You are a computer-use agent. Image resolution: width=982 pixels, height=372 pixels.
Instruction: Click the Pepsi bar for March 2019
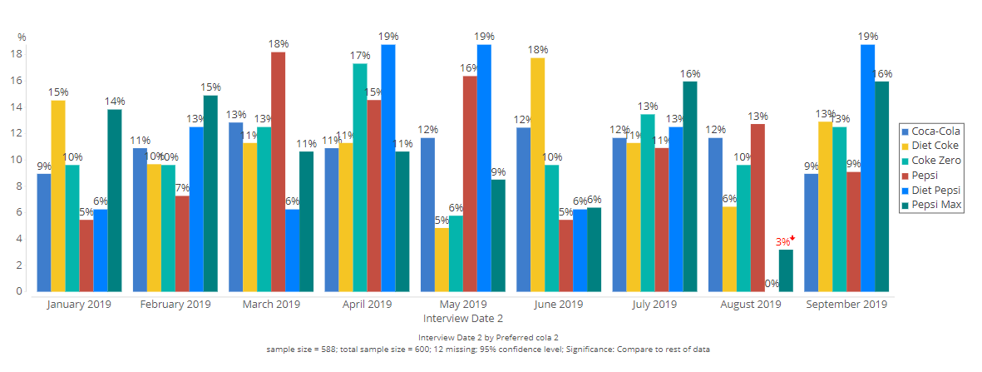278,171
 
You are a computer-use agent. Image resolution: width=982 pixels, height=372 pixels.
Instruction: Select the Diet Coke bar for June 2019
538,175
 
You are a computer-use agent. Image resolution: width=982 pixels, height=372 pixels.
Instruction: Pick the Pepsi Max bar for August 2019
786,270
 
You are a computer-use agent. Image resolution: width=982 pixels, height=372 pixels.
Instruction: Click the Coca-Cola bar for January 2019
44,232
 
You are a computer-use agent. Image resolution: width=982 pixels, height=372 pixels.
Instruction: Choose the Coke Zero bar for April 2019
360,177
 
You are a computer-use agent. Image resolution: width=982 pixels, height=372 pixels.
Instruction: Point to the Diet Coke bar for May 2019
442,260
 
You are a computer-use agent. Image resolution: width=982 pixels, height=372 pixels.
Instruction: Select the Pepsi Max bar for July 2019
689,186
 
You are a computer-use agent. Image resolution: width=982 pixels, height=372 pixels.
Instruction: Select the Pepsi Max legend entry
933,205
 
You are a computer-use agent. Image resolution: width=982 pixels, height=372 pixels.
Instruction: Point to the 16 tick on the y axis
15,81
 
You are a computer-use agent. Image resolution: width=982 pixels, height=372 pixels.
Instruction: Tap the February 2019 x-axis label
175,305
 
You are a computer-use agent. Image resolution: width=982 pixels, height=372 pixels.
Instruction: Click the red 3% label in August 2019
783,242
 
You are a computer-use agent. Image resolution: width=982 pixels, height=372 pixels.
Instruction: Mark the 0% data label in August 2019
772,284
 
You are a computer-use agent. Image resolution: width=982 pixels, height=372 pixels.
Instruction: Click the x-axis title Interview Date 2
463,319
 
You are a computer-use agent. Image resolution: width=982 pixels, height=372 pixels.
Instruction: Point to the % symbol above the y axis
22,37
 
